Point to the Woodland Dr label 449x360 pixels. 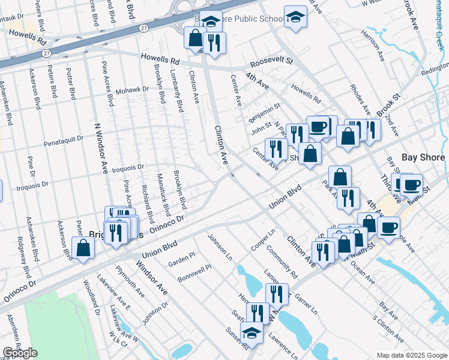pyautogui.click(x=91, y=297)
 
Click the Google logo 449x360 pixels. pyautogui.click(x=20, y=353)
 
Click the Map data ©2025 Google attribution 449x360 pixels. pyautogui.click(x=411, y=355)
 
